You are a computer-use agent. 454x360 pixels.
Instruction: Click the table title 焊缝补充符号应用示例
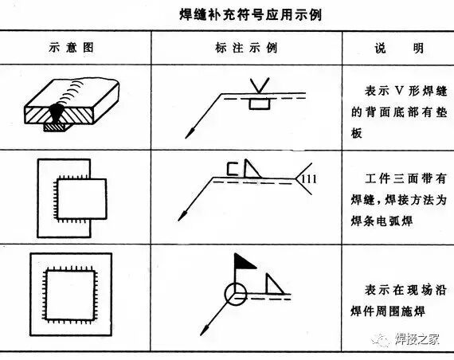pyautogui.click(x=227, y=14)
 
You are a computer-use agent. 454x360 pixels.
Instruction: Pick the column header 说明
pyautogui.click(x=396, y=47)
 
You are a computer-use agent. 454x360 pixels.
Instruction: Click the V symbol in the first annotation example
pyautogui.click(x=258, y=83)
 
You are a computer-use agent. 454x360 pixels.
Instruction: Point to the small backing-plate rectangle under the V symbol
pyautogui.click(x=258, y=103)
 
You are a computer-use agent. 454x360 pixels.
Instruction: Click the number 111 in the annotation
pyautogui.click(x=310, y=179)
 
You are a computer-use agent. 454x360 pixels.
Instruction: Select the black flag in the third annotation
pyautogui.click(x=244, y=260)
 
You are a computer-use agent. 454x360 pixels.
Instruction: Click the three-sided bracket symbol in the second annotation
pyautogui.click(x=234, y=168)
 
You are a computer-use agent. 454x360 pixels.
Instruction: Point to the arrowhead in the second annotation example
pyautogui.click(x=182, y=214)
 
